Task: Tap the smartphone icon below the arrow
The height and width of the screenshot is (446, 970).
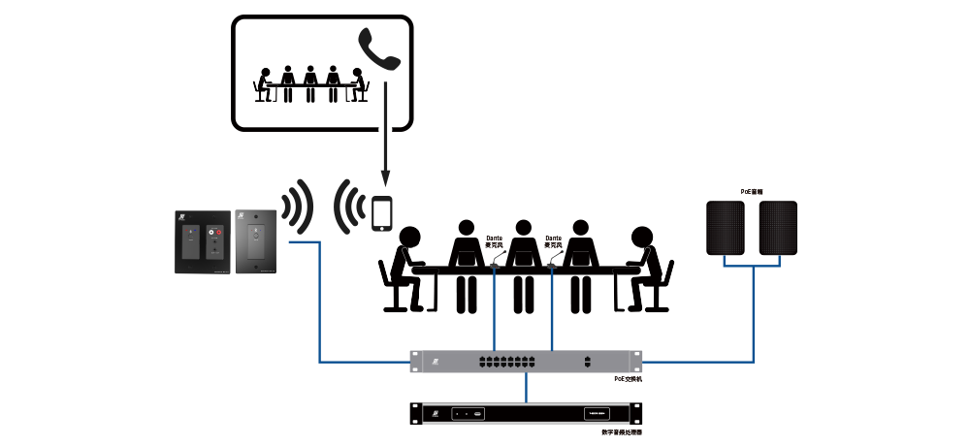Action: pyautogui.click(x=382, y=213)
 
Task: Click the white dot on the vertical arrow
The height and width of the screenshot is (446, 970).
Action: pyautogui.click(x=384, y=129)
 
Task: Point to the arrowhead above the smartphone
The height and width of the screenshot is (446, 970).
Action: pyautogui.click(x=384, y=180)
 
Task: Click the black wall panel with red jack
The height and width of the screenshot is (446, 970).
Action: pyautogui.click(x=204, y=240)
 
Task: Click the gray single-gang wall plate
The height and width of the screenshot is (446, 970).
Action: pyautogui.click(x=255, y=239)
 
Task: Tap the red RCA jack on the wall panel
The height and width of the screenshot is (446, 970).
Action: pyautogui.click(x=219, y=233)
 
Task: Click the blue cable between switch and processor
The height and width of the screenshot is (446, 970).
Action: pyautogui.click(x=526, y=388)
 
